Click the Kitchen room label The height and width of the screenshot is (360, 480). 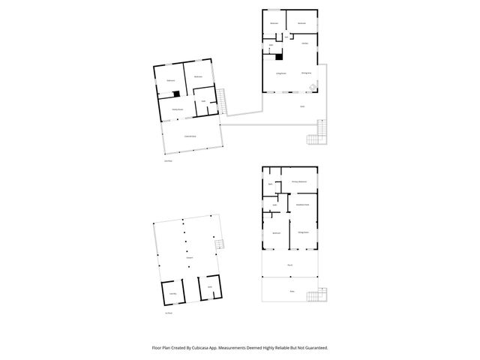(304, 44)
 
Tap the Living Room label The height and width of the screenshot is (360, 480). (281, 73)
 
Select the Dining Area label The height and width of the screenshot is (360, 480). (306, 73)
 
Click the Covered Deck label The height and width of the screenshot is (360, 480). (190, 136)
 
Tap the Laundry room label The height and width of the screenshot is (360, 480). (172, 293)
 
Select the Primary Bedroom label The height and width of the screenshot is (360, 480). (299, 181)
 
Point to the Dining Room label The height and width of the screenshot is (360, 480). (303, 232)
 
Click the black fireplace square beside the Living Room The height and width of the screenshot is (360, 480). (279, 56)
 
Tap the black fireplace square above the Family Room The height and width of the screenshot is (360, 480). (175, 94)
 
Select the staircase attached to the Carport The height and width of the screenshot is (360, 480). (219, 244)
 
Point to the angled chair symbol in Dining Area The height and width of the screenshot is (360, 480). (313, 87)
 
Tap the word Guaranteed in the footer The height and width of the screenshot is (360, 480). (313, 347)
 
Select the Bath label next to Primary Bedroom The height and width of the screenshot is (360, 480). (270, 183)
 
